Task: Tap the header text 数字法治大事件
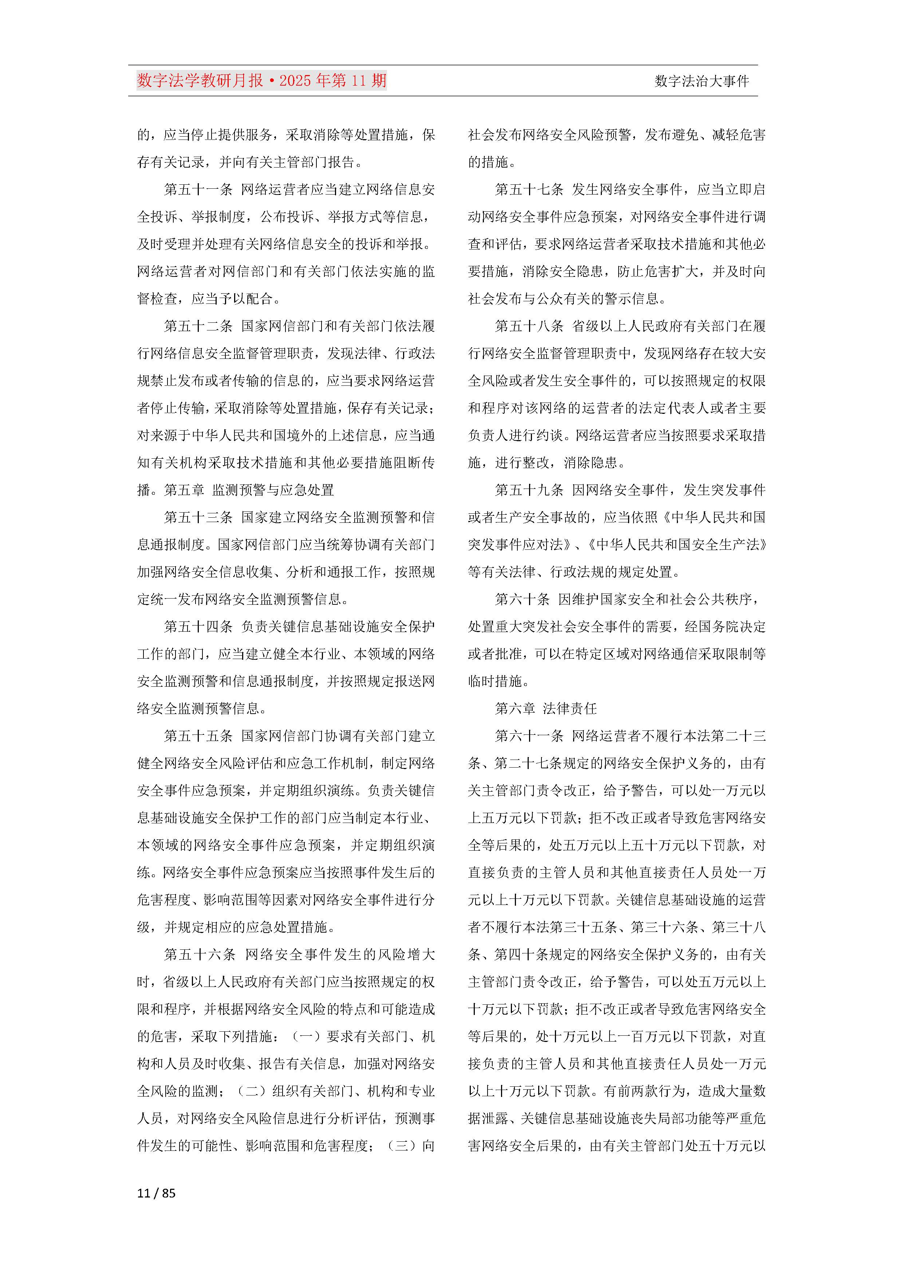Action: tap(702, 81)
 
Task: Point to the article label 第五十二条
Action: tap(198, 326)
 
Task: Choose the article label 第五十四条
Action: tap(198, 627)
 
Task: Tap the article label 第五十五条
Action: tap(198, 736)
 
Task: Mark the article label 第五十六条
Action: tap(200, 954)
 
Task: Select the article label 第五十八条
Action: tap(529, 326)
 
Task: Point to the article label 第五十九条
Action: tap(529, 490)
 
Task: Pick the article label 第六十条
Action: tap(522, 600)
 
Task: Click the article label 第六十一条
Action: tap(529, 736)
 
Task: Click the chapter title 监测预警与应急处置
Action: tap(273, 490)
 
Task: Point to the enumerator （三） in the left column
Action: tap(401, 1145)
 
